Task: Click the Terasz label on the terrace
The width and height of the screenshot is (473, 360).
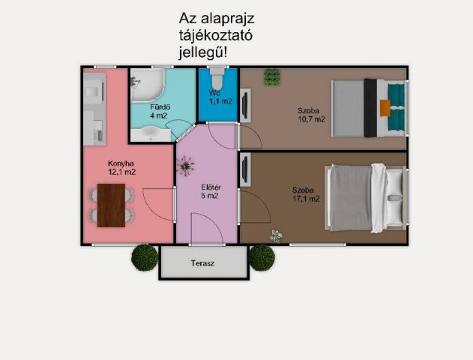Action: [x=202, y=264]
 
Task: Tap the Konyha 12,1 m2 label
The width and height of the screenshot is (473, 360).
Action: [x=121, y=168]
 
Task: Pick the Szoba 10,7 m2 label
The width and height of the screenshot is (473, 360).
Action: [x=310, y=115]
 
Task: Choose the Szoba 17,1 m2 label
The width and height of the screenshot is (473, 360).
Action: [x=306, y=194]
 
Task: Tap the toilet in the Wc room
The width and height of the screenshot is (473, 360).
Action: [x=217, y=77]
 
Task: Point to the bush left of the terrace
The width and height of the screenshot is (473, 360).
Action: [x=145, y=257]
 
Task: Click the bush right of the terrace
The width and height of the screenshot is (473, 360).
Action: [x=262, y=257]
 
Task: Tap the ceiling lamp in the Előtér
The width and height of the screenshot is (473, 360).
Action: [x=186, y=164]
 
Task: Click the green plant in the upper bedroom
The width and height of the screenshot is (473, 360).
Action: [x=271, y=76]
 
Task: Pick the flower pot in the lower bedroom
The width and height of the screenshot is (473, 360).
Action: [x=277, y=235]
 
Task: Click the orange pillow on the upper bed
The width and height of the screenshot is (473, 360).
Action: [x=385, y=108]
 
